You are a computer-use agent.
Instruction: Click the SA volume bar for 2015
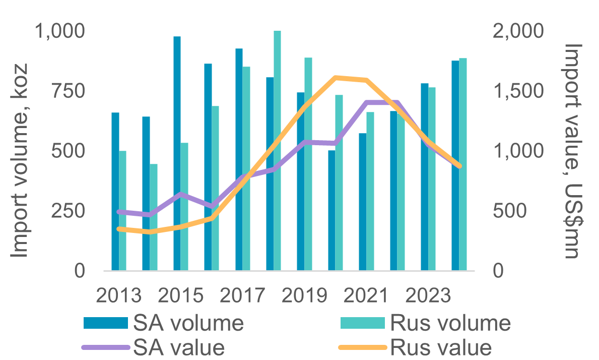177,154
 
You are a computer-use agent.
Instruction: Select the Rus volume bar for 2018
277,151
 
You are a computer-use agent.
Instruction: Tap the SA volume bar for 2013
115,192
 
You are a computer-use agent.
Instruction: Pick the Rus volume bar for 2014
154,217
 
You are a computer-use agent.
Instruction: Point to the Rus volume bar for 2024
462,164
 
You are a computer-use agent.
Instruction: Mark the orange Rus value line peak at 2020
336,78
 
